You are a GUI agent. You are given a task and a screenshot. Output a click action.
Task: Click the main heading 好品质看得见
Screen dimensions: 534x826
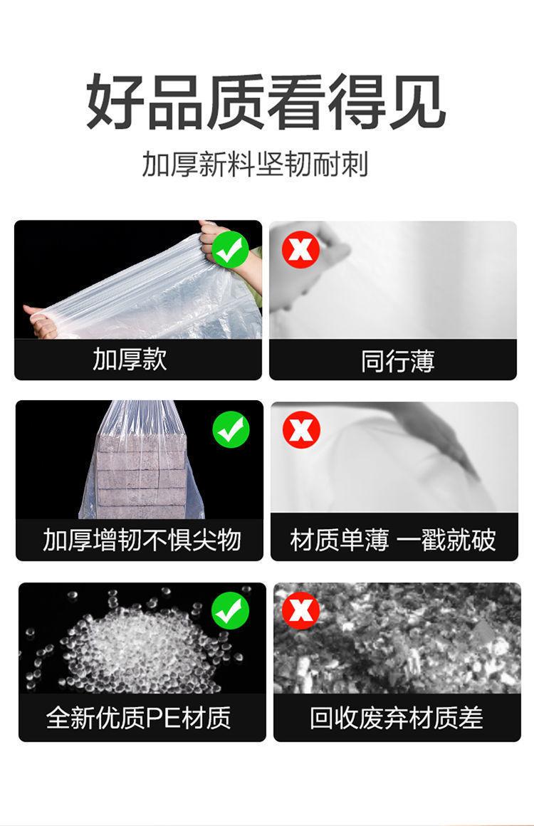click(266, 102)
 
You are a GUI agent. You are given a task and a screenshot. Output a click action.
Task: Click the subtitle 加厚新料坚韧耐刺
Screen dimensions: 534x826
click(255, 164)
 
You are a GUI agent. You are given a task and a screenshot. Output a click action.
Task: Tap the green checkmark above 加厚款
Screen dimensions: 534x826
click(231, 249)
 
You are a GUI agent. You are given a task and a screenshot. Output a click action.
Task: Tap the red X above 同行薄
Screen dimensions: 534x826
click(300, 249)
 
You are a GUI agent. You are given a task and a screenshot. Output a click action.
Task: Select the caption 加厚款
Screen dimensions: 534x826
click(130, 360)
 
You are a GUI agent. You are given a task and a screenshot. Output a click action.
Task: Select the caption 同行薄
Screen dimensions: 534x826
click(397, 362)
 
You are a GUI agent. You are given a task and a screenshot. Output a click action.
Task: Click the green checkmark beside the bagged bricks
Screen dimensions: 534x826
click(231, 429)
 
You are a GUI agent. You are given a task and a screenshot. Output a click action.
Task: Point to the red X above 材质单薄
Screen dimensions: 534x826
click(301, 429)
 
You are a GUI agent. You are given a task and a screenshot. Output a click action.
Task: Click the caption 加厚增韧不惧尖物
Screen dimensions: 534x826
click(142, 540)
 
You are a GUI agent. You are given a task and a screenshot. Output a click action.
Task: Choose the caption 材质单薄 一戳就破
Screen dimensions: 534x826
click(393, 540)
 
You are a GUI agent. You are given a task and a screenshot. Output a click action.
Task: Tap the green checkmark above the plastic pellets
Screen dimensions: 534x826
click(230, 610)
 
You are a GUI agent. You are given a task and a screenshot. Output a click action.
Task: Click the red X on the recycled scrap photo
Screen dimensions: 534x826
click(300, 610)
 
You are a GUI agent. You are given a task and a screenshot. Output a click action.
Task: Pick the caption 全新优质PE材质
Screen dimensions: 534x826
click(139, 717)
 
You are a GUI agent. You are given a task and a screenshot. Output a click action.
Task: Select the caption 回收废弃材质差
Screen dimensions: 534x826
click(396, 718)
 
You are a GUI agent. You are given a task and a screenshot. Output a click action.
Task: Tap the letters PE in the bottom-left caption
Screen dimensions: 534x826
click(156, 718)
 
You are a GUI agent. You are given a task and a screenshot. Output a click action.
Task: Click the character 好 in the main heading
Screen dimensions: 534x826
click(115, 102)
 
